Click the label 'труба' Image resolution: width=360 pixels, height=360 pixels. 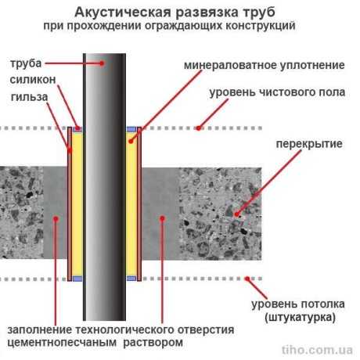pyautogui.click(x=26, y=63)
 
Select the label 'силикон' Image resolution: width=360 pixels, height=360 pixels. pyautogui.click(x=33, y=80)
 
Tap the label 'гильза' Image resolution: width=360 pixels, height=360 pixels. pyautogui.click(x=29, y=97)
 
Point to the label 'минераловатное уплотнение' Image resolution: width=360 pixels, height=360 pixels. pyautogui.click(x=265, y=65)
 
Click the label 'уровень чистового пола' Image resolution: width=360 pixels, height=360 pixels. pyautogui.click(x=277, y=92)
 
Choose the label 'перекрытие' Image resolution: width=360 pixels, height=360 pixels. pyautogui.click(x=309, y=144)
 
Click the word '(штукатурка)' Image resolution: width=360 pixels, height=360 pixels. pyautogui.click(x=300, y=317)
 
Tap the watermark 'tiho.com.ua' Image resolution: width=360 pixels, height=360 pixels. pyautogui.click(x=317, y=350)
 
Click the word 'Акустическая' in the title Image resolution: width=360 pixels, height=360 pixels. pyautogui.click(x=123, y=13)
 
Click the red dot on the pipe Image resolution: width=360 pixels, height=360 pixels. pyautogui.click(x=103, y=63)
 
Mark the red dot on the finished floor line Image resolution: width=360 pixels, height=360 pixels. pyautogui.click(x=199, y=128)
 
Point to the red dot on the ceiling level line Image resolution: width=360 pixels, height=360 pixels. pyautogui.click(x=247, y=279)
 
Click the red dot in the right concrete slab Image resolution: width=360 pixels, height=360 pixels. pyautogui.click(x=237, y=214)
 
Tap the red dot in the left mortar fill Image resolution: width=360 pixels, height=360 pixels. pyautogui.click(x=56, y=219)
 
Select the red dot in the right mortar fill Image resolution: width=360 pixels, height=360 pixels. pyautogui.click(x=162, y=218)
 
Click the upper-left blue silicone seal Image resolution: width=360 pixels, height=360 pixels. pyautogui.click(x=77, y=129)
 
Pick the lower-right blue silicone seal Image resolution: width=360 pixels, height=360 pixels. pyautogui.click(x=131, y=279)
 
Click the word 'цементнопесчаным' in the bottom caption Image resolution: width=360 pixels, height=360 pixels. pyautogui.click(x=62, y=342)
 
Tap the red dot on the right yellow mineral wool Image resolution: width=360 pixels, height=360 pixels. pyautogui.click(x=131, y=141)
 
